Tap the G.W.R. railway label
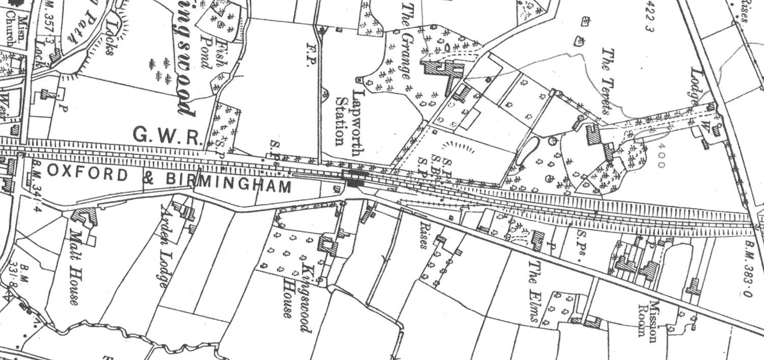tap(168, 135)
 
